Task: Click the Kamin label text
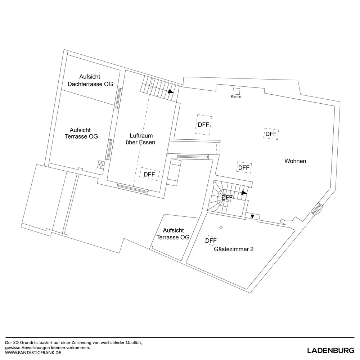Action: click(236, 96)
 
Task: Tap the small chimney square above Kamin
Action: click(237, 91)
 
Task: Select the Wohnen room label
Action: click(295, 161)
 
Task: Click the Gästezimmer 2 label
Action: click(234, 249)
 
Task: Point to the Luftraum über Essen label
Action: click(140, 139)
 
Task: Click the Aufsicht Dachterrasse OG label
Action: click(90, 80)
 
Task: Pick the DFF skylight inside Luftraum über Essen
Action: click(149, 174)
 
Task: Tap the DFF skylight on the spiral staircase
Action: click(227, 197)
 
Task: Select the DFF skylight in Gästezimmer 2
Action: click(211, 240)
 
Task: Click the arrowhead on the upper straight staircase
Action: click(171, 91)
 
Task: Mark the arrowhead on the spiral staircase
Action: click(244, 193)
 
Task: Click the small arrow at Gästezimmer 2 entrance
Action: click(253, 216)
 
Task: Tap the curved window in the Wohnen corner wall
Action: click(318, 209)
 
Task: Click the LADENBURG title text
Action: click(330, 351)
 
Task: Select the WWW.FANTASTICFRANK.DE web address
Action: click(33, 353)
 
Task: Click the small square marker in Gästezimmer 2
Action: click(221, 228)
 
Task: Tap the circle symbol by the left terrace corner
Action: click(101, 165)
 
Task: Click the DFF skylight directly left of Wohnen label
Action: click(244, 168)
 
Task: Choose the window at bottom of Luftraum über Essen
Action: click(132, 189)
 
